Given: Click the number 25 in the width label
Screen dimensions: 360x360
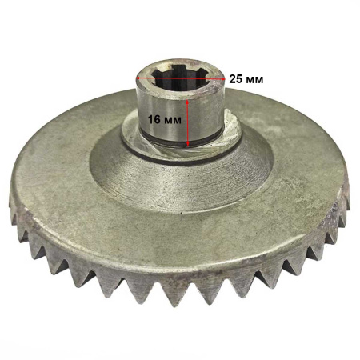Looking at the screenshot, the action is (x=235, y=79).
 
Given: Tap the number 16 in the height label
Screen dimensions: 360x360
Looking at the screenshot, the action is (x=154, y=119).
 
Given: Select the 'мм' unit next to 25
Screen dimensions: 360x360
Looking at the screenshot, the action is (x=254, y=79).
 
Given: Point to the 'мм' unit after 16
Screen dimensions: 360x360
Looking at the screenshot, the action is (x=173, y=120).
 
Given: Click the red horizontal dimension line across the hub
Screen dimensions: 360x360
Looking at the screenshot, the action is (x=181, y=78).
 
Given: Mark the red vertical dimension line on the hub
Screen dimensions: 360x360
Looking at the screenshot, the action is (x=187, y=123).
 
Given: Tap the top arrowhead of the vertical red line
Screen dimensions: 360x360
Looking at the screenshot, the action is (x=187, y=102).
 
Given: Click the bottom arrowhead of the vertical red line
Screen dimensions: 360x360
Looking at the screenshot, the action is (x=187, y=144).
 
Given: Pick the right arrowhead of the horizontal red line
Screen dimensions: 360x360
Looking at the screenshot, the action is (x=223, y=78).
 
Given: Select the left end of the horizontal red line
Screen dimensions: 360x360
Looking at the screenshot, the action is (x=137, y=78).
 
